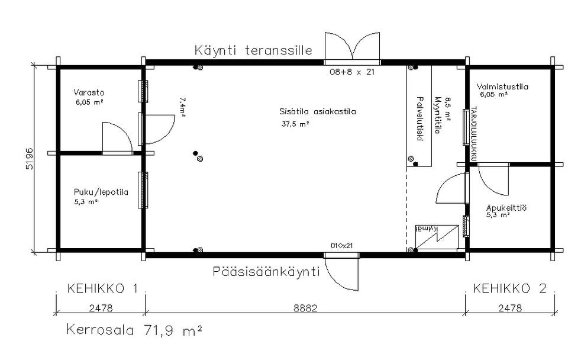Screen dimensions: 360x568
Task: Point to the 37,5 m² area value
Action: click(x=295, y=124)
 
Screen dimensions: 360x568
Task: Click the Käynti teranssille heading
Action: click(x=253, y=50)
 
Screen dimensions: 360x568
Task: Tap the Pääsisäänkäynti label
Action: click(x=266, y=272)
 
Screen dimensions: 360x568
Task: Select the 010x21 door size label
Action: click(x=342, y=245)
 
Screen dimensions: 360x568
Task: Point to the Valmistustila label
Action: click(x=502, y=86)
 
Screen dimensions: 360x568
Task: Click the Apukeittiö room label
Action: click(x=506, y=208)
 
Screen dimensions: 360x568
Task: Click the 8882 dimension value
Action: click(x=305, y=308)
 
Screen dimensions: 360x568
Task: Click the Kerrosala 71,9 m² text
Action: click(x=134, y=329)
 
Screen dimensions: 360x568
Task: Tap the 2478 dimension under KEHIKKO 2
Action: click(x=509, y=308)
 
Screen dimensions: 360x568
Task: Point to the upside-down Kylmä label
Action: click(x=426, y=229)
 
